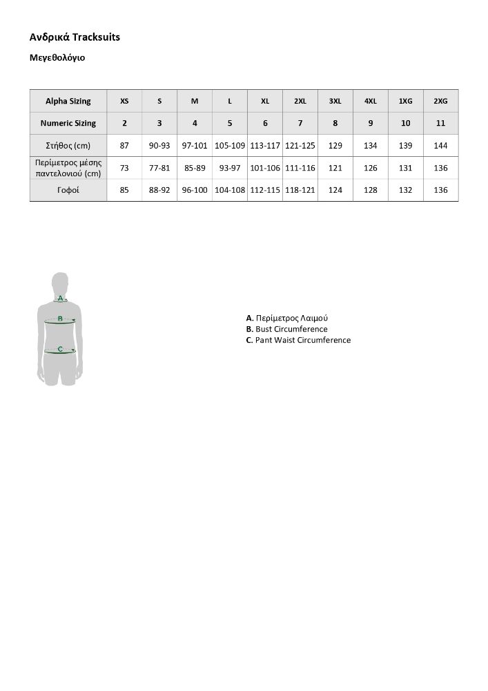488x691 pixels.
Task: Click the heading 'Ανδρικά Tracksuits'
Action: pyautogui.click(x=75, y=37)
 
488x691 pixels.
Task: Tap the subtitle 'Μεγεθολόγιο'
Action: pyautogui.click(x=57, y=58)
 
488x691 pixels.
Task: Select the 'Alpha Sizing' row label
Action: pyautogui.click(x=68, y=101)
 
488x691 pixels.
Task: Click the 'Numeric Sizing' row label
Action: pyautogui.click(x=68, y=123)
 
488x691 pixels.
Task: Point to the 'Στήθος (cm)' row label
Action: pyautogui.click(x=68, y=145)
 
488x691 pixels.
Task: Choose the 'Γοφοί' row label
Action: pyautogui.click(x=68, y=189)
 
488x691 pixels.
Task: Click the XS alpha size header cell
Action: pyautogui.click(x=124, y=101)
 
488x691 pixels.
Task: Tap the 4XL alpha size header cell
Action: pyautogui.click(x=371, y=101)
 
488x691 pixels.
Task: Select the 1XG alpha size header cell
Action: pyautogui.click(x=406, y=101)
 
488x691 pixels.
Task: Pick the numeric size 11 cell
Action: pyautogui.click(x=440, y=123)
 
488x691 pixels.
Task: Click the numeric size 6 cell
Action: pyautogui.click(x=265, y=123)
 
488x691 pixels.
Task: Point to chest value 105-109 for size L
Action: pyautogui.click(x=230, y=145)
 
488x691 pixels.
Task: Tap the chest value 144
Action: pyautogui.click(x=440, y=145)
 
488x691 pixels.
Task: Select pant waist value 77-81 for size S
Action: pyautogui.click(x=159, y=167)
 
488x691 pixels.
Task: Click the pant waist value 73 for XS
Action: pyautogui.click(x=124, y=167)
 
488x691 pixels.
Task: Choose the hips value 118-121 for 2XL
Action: pyautogui.click(x=300, y=189)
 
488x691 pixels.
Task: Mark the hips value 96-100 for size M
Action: pyautogui.click(x=195, y=189)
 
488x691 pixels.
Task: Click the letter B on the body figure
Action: pyautogui.click(x=60, y=319)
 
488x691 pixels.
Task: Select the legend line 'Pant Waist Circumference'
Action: pyautogui.click(x=298, y=340)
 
